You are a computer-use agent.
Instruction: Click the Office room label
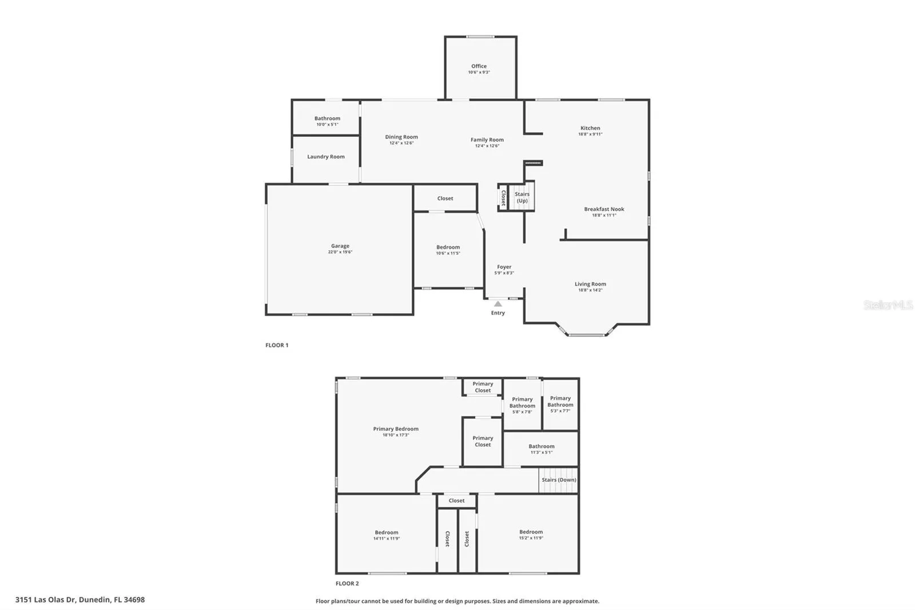tap(479, 66)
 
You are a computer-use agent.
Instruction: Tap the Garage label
tap(340, 245)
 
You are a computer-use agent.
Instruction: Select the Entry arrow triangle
tap(498, 304)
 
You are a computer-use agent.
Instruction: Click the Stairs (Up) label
tap(522, 197)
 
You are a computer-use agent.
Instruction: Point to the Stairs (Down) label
tap(559, 480)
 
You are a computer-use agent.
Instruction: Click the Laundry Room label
tap(325, 157)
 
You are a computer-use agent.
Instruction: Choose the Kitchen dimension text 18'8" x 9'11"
tap(590, 134)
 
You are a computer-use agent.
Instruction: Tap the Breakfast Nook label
tap(604, 209)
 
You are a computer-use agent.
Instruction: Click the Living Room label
tap(590, 284)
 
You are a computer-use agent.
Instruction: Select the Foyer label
tap(504, 267)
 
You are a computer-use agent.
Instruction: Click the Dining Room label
tap(401, 137)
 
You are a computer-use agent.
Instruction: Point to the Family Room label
tap(487, 140)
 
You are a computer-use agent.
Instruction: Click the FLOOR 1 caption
tap(277, 345)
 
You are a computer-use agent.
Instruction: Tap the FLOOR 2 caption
tap(347, 584)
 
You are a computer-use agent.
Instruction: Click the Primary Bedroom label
tap(396, 429)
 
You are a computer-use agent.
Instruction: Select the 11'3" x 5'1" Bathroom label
tap(542, 446)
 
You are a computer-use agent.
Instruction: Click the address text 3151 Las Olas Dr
tap(45, 600)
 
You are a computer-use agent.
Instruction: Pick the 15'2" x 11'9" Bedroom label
tap(531, 532)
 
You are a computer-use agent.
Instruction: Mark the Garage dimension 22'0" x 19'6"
tap(340, 252)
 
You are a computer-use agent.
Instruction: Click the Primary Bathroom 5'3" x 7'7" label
tap(560, 404)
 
